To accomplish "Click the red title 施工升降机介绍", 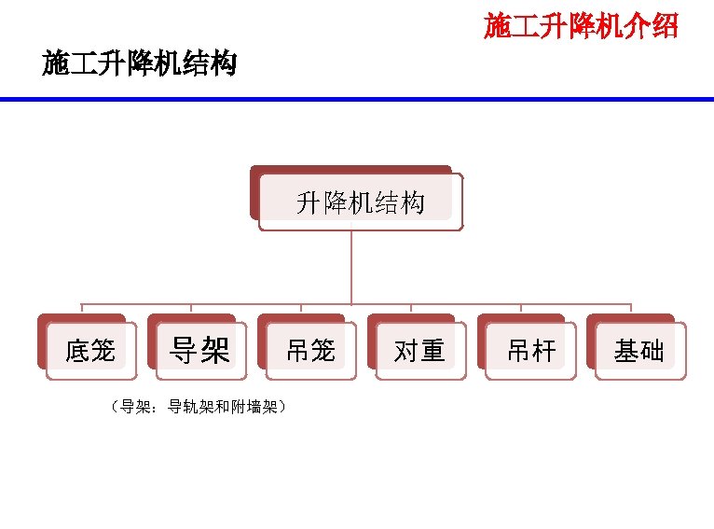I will tap(580, 26).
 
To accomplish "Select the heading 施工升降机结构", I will tap(139, 64).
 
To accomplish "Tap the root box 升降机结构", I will tap(360, 202).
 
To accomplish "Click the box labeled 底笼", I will tap(90, 351).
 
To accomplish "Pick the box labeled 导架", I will tap(199, 351).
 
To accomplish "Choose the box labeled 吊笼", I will tap(310, 351).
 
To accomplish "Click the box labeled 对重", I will tap(419, 351).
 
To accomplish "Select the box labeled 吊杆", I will tap(530, 351).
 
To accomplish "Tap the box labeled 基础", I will tap(639, 351).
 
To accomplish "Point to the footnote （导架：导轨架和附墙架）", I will tap(198, 407).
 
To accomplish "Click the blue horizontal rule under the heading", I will tap(357, 99).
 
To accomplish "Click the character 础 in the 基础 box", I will tap(652, 351).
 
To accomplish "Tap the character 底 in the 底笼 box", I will tap(77, 351).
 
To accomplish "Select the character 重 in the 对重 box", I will tap(433, 351).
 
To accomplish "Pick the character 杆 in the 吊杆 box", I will tap(543, 351).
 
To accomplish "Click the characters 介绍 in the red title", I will tap(652, 26).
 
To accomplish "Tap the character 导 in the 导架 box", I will tap(184, 351).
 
